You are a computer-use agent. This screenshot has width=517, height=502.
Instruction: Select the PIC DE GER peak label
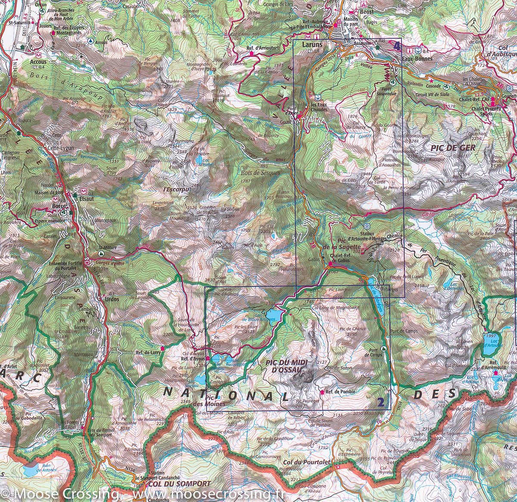pyautogui.click(x=452, y=147)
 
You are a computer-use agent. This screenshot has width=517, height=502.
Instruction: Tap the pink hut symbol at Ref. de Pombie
pyautogui.click(x=322, y=392)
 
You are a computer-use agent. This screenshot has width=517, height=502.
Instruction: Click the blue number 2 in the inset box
pyautogui.click(x=380, y=403)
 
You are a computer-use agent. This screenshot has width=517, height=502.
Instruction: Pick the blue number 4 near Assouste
pyautogui.click(x=396, y=45)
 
